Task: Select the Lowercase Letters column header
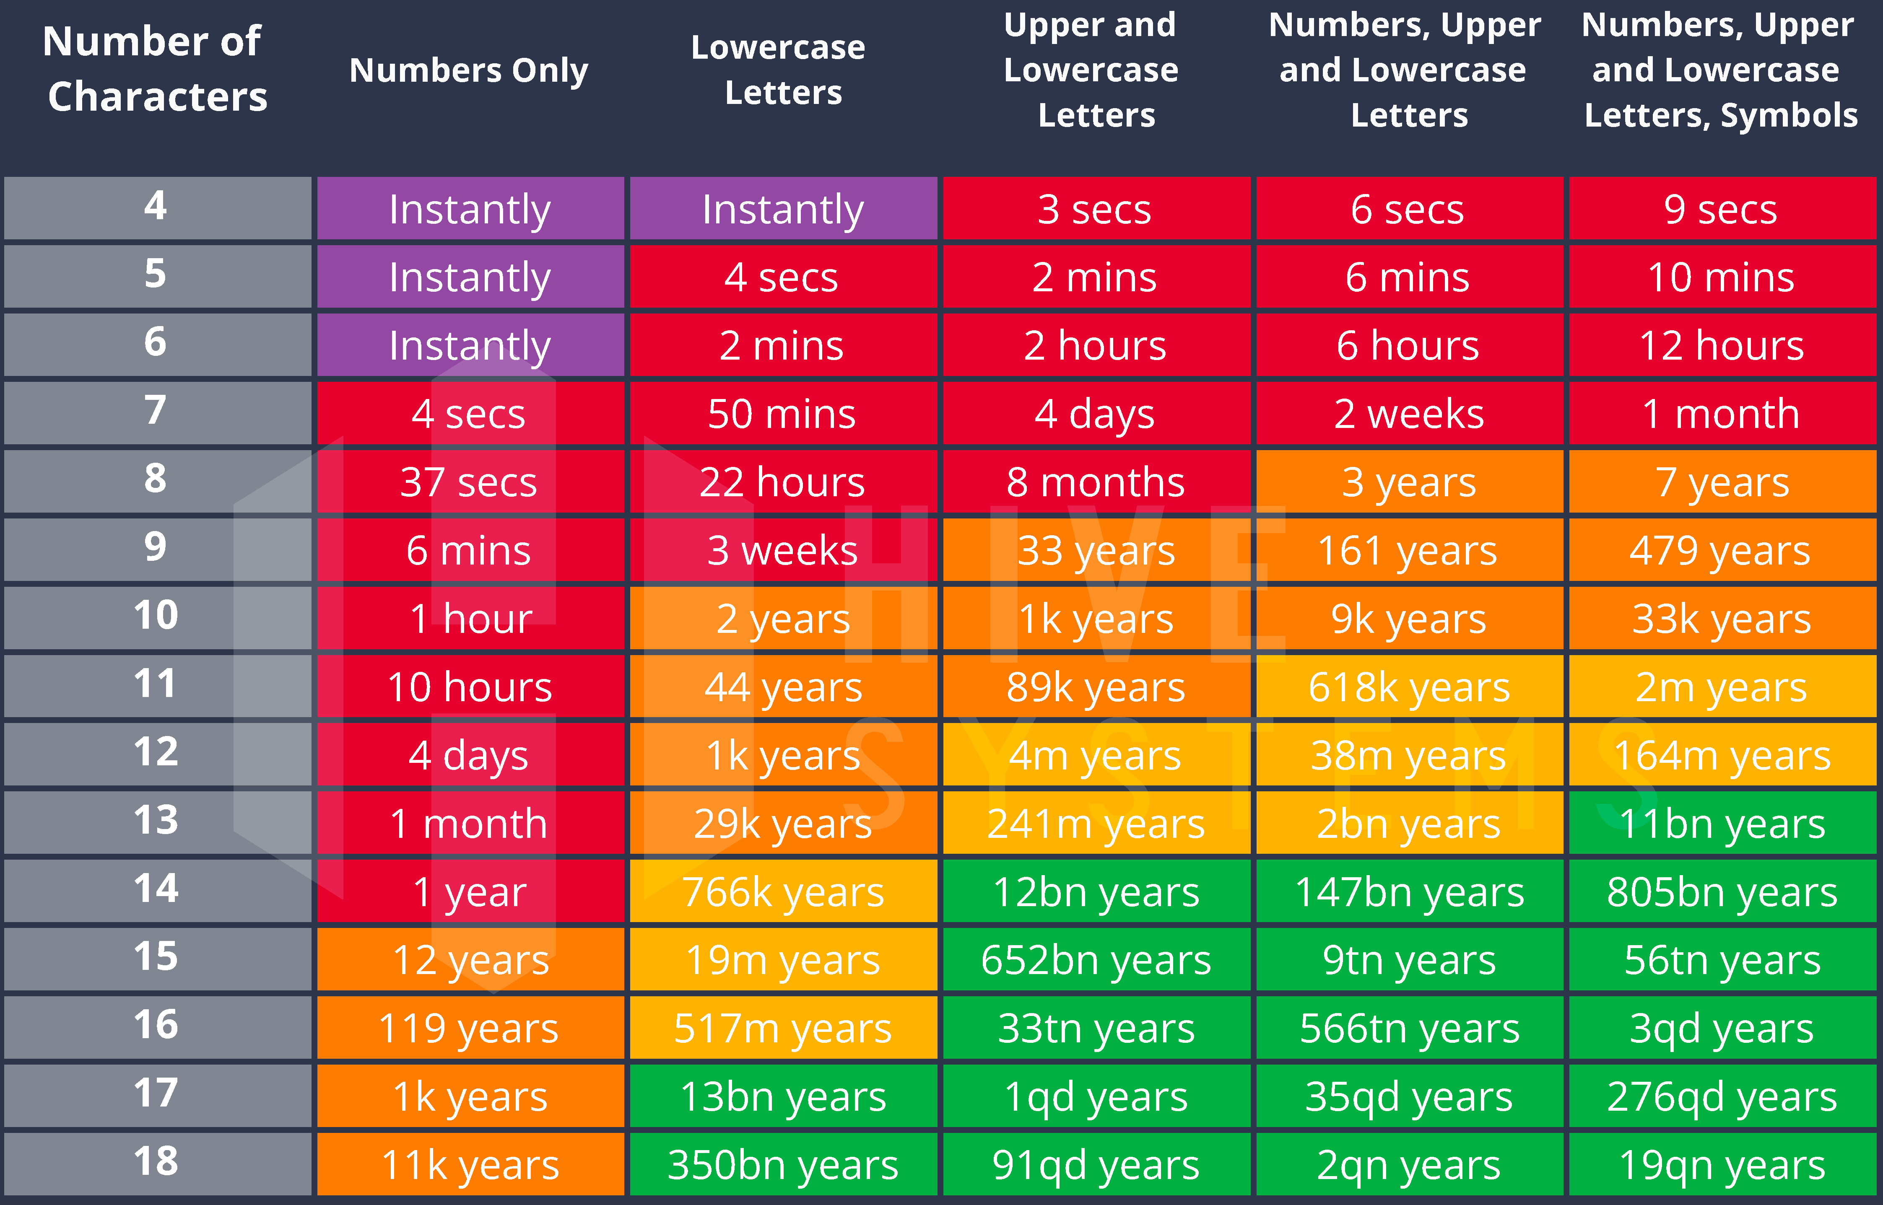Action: coord(780,70)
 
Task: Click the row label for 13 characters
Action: coord(156,821)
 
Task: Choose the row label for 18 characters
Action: coord(156,1163)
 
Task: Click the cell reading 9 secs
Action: coord(1722,209)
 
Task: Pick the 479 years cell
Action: coord(1722,550)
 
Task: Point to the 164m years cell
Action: coord(1722,755)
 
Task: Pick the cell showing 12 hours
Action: coord(1722,345)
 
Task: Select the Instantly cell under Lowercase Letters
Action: coord(783,209)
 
